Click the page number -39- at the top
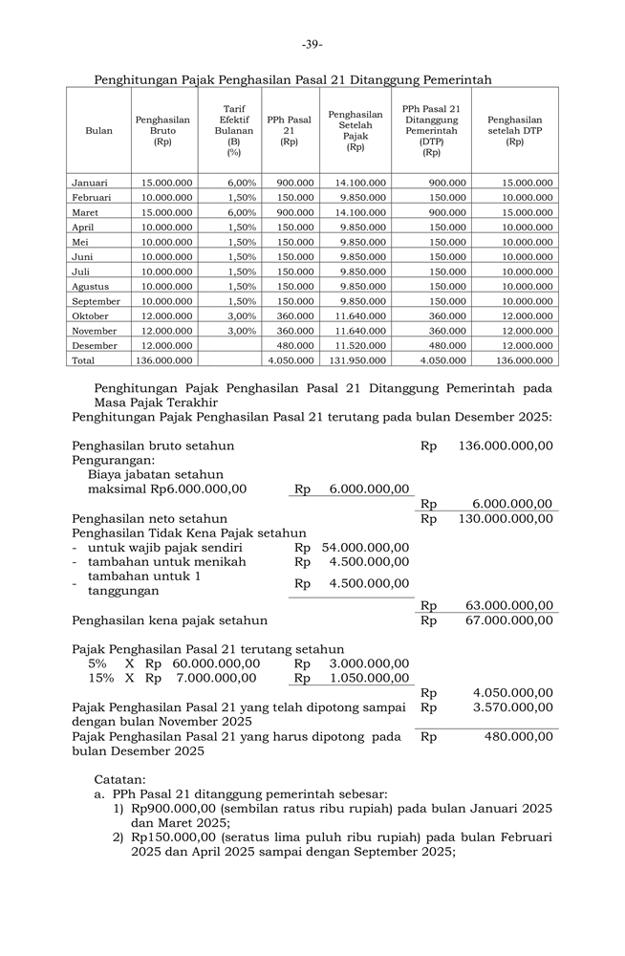312,44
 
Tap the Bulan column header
98,131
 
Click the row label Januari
90,182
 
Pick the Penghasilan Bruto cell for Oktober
167,315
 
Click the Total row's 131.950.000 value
360,360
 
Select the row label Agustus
90,286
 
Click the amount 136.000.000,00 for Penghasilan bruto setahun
506,445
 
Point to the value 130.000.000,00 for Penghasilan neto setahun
506,518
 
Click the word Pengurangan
113,460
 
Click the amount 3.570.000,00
513,707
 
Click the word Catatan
119,779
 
